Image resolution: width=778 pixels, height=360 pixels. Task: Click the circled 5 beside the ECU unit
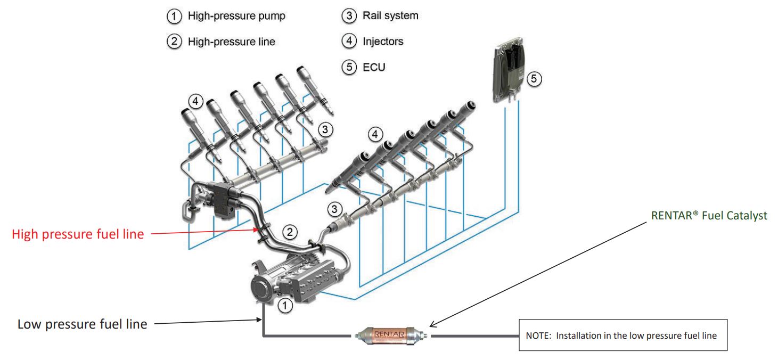(534, 79)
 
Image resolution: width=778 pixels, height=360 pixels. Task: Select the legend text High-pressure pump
(236, 16)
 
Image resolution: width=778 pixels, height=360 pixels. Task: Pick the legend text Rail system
(390, 15)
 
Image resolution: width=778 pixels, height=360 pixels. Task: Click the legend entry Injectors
(383, 41)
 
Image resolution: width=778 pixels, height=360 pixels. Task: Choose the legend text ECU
(374, 67)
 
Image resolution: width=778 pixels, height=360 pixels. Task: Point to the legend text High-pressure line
(231, 42)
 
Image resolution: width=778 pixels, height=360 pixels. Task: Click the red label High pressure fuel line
(78, 234)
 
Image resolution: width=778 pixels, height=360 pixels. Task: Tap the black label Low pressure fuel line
(82, 324)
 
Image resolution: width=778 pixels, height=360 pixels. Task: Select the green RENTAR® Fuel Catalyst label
(709, 216)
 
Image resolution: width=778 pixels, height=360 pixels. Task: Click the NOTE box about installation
(623, 336)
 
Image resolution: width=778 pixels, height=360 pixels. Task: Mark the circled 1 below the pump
(285, 305)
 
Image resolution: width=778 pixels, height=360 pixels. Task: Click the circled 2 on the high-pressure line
(289, 232)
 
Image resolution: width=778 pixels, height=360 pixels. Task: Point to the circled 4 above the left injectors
(196, 101)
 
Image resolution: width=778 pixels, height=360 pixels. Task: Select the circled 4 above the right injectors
(376, 134)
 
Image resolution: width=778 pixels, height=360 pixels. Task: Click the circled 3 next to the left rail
(326, 128)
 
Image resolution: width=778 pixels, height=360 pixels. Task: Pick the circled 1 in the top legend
(174, 17)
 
